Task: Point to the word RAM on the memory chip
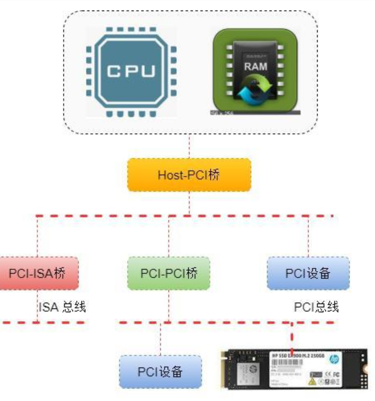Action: (255, 66)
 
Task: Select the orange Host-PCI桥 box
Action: (189, 175)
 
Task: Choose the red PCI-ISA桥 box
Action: (38, 273)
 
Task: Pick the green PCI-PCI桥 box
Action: (169, 273)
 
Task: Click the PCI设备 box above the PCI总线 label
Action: (308, 273)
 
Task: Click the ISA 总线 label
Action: (62, 306)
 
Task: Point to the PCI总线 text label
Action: (316, 306)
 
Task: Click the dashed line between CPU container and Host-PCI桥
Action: (189, 147)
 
